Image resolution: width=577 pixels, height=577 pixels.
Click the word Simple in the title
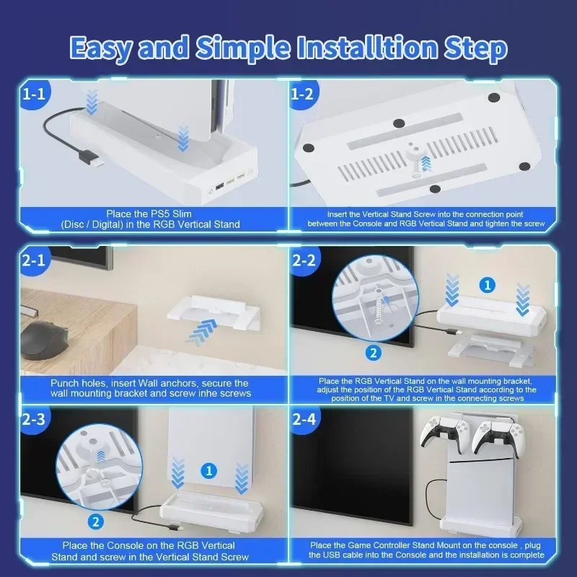coord(243,48)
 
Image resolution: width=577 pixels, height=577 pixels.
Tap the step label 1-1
coord(33,94)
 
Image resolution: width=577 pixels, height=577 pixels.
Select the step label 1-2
coord(301,94)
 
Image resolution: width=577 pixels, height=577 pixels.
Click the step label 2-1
coord(33,260)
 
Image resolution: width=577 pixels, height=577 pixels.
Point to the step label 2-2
coord(304,260)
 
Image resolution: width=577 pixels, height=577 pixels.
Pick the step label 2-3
coord(33,419)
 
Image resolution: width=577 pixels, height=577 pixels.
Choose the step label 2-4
coord(304,419)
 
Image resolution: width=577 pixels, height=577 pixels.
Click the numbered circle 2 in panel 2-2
coord(373,353)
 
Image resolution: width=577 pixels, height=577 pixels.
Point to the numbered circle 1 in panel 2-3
coord(209,471)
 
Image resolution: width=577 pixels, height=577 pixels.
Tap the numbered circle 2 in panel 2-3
coord(96,521)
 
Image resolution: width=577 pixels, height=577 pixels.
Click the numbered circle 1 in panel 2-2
coord(488,285)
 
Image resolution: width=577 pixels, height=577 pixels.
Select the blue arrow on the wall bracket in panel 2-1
coord(202,332)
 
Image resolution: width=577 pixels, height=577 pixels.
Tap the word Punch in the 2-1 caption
coord(64,383)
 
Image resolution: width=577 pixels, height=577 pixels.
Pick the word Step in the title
coord(475,48)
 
